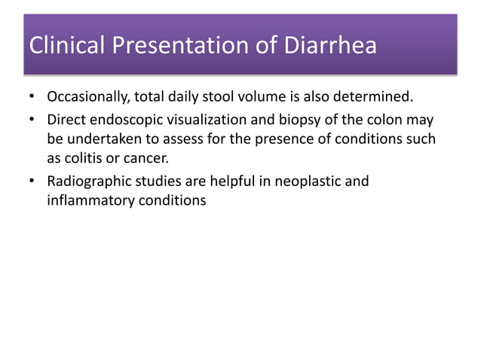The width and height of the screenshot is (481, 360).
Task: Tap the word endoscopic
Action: tap(127, 119)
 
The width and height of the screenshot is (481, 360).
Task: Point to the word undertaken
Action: tap(99, 139)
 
